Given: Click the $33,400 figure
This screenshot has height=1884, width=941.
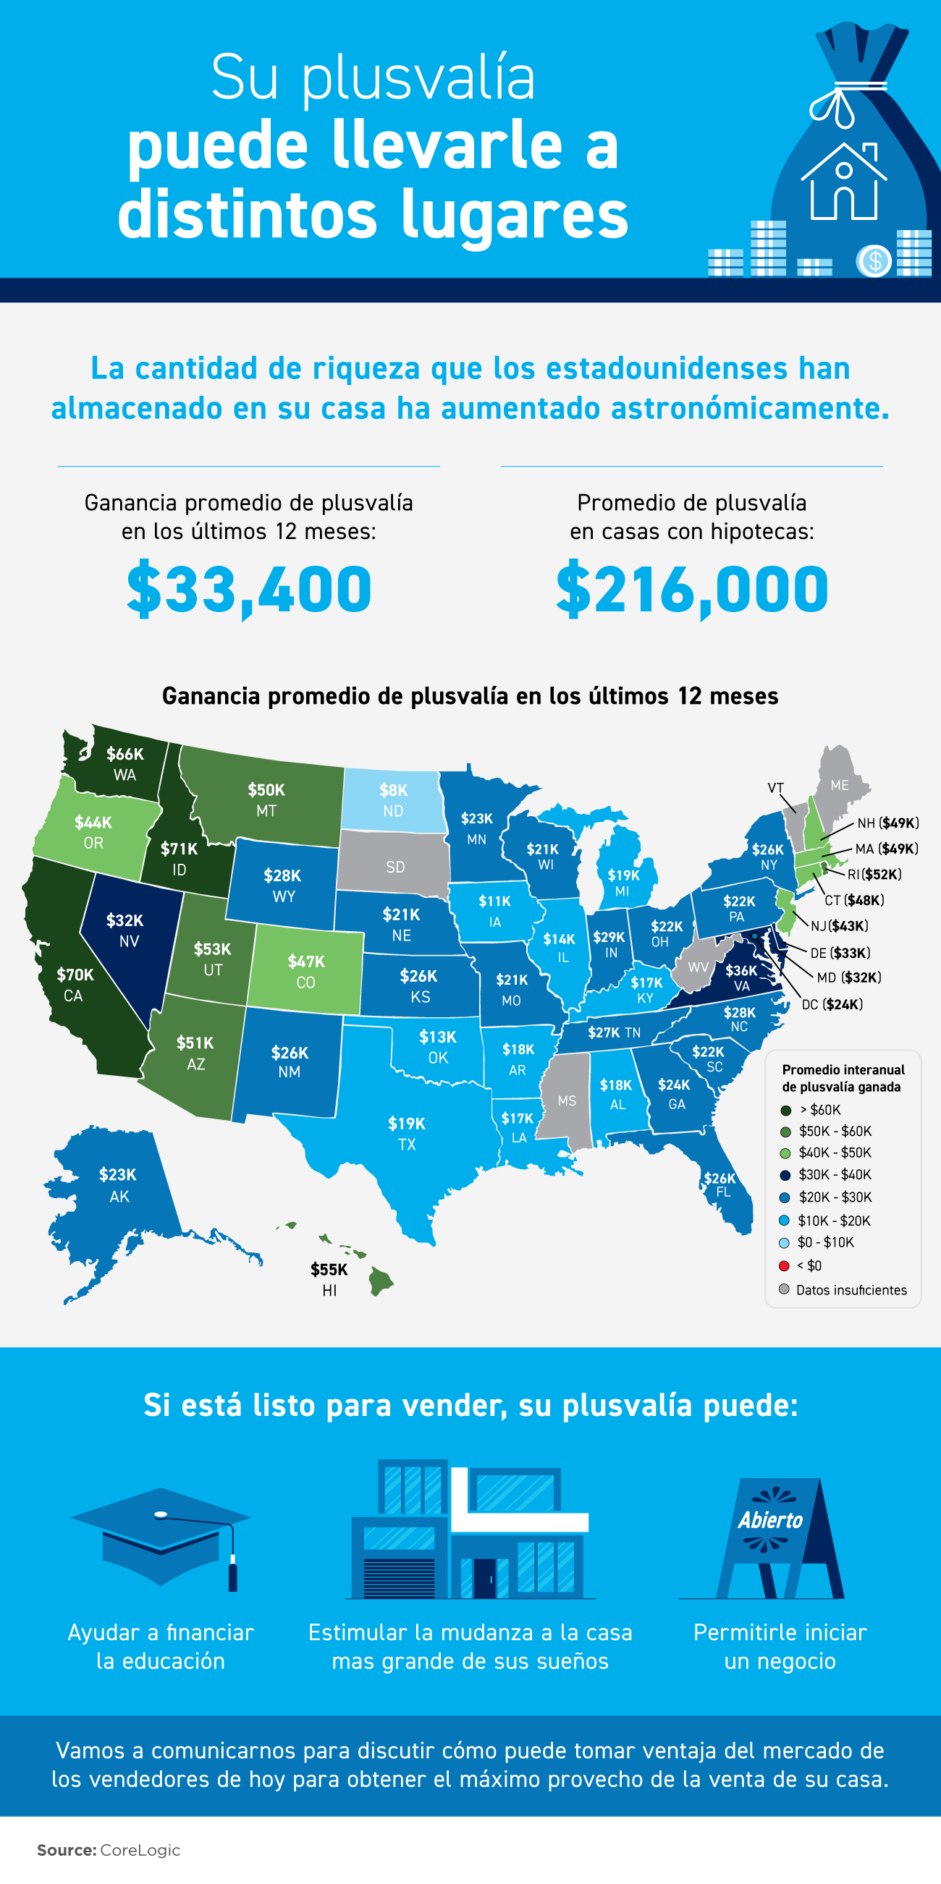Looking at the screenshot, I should (x=249, y=590).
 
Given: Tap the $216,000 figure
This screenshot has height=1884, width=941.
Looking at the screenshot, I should (x=691, y=590).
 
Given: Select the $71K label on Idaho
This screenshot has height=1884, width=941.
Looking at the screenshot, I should (x=180, y=849).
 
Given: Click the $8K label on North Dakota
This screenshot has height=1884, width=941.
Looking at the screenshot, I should (x=393, y=791).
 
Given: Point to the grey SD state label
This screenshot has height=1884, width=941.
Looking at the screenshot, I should (x=395, y=867).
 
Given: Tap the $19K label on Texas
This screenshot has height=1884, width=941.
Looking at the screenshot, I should (x=406, y=1124).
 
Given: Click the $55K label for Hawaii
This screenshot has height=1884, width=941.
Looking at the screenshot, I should (x=329, y=1270).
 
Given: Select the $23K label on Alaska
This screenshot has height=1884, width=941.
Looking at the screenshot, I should (x=118, y=1175).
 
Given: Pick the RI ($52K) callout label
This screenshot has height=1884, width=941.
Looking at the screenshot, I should (x=874, y=875).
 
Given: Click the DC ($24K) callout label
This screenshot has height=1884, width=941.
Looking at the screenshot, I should (x=832, y=1005).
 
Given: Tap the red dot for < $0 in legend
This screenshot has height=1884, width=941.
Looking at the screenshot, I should (x=784, y=1266).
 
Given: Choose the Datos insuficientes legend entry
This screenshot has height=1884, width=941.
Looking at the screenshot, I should (x=851, y=1290).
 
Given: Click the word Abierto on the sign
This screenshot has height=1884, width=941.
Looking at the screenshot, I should (x=769, y=1521).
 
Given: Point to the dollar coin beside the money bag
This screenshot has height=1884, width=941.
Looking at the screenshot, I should (x=874, y=261).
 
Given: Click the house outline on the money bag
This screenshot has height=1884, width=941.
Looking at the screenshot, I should (x=844, y=183).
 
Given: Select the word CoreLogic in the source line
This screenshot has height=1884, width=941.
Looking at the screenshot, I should (x=140, y=1851).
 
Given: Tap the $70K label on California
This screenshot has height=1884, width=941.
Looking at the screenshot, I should (x=75, y=975).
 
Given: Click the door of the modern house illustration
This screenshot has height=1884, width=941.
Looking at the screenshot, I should (x=484, y=1577).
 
